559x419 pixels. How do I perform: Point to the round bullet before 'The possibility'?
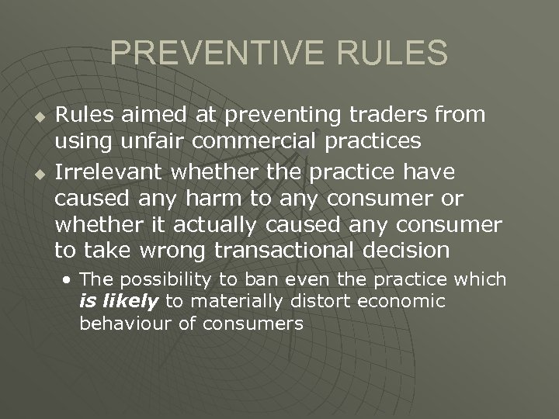coord(70,280)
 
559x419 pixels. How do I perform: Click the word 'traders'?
coord(398,115)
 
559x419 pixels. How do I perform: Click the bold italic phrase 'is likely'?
coord(118,301)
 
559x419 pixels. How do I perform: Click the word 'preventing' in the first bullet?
coord(279,116)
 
